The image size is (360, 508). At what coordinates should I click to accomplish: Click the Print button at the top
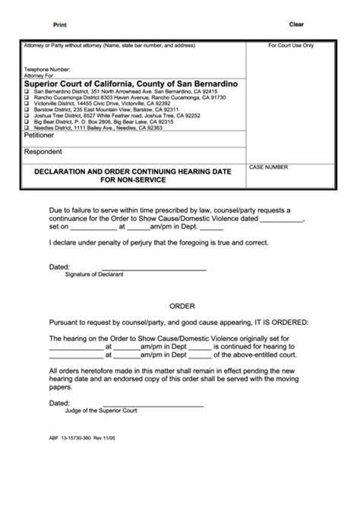[x=59, y=25]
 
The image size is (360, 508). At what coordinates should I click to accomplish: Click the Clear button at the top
[x=296, y=24]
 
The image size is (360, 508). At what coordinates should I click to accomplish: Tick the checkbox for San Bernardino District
[x=27, y=91]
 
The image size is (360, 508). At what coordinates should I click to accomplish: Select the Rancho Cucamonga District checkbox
[x=27, y=97]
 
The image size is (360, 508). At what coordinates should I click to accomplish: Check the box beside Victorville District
[x=27, y=103]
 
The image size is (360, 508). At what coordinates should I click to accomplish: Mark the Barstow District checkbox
[x=27, y=109]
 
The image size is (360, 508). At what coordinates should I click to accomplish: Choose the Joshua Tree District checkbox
[x=27, y=115]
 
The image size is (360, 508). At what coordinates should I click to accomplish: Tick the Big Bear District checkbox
[x=27, y=121]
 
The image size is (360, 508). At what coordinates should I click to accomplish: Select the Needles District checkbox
[x=27, y=128]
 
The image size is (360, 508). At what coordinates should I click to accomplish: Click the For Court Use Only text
[x=291, y=46]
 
